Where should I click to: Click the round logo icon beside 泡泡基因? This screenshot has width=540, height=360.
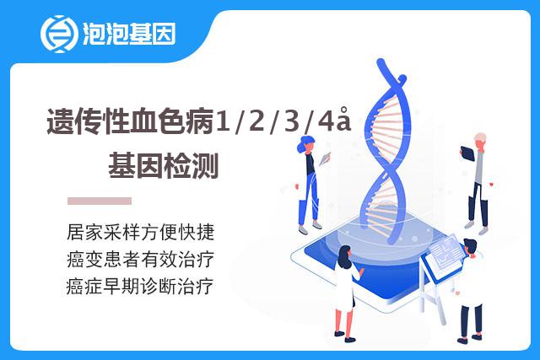point(58,34)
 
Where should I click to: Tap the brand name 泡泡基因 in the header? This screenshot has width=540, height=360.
point(129,34)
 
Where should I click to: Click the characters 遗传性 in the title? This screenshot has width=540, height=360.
point(88,121)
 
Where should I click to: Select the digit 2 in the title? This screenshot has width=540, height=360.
point(256,121)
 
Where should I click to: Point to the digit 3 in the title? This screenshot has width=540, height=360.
point(291,121)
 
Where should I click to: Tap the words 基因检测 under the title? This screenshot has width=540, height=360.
point(164,165)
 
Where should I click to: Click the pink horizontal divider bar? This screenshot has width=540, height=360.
point(100,201)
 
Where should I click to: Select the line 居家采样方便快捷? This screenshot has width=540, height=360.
point(141,232)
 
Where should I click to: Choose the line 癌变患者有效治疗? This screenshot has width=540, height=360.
point(141,259)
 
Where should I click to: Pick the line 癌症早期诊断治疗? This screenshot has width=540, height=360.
point(140,287)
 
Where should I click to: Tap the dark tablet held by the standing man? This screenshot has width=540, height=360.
point(467,153)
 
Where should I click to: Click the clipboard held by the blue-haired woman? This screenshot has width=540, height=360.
point(325,159)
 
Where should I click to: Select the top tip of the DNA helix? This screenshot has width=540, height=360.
point(381,62)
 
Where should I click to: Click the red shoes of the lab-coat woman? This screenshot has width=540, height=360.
point(345,337)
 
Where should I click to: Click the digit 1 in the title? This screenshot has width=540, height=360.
point(222,121)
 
